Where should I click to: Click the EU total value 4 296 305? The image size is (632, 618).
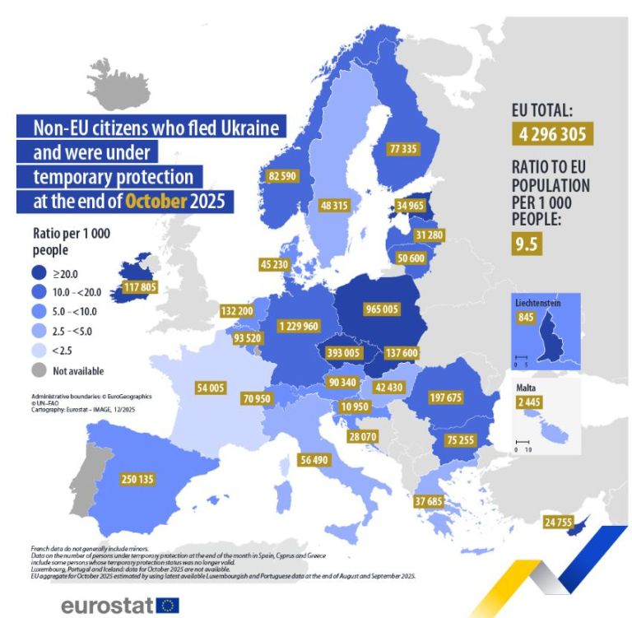551,135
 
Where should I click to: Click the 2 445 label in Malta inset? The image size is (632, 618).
529,402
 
